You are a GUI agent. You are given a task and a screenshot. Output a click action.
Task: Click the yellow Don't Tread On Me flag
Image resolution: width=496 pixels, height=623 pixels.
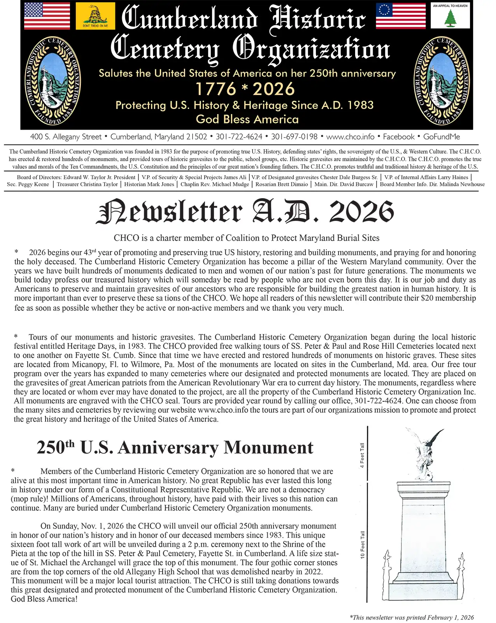[x=95, y=16]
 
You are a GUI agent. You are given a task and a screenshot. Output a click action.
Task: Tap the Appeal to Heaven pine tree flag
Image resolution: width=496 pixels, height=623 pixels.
[x=450, y=16]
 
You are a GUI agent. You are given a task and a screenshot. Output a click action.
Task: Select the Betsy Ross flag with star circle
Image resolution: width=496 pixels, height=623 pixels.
[x=401, y=16]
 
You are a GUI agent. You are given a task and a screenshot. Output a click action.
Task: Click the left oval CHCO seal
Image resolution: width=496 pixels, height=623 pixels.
[x=53, y=81]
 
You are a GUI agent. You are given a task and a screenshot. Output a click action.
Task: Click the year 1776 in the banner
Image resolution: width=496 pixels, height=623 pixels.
[x=216, y=89]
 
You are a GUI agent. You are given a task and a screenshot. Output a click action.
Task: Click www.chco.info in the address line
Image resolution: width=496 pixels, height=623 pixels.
[x=350, y=137]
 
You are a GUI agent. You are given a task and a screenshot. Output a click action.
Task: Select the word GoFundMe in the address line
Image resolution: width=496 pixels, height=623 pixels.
[x=442, y=137]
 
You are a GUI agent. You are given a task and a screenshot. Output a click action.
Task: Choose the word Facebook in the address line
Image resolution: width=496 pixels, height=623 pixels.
[x=399, y=137]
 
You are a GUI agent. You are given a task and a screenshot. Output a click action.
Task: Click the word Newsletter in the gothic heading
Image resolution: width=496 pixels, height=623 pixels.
[x=170, y=212]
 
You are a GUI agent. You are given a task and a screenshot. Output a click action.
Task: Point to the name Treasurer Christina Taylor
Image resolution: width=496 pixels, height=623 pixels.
[x=87, y=184]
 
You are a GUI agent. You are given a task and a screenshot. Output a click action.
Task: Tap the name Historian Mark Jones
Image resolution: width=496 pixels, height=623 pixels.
[x=149, y=184]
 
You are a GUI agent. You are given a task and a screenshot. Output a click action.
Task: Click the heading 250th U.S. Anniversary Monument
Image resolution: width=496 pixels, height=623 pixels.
[x=175, y=447]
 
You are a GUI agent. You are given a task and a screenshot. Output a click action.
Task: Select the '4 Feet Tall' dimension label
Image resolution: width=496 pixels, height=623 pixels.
[x=362, y=455]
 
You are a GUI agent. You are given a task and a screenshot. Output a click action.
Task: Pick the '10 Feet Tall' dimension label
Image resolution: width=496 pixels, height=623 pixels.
[x=362, y=544]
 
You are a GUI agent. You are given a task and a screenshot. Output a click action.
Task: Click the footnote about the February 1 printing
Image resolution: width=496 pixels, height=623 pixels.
[x=412, y=617]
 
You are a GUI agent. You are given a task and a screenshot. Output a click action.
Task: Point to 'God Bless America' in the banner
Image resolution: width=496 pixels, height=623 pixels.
[x=247, y=119]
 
